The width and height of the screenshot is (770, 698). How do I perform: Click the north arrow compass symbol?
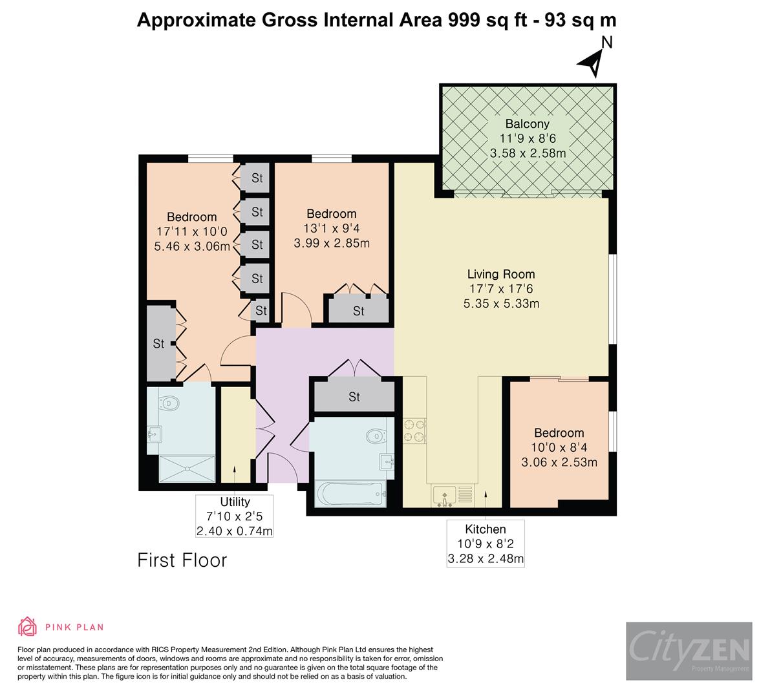591,62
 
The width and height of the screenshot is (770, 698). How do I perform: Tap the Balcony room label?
527,124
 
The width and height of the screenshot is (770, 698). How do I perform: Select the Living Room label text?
501,274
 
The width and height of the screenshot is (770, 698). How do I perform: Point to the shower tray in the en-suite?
187,469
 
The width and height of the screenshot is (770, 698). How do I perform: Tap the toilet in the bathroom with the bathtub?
376,437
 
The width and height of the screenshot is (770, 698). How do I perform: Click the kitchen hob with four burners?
414,431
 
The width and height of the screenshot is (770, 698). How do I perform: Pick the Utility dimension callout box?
235,516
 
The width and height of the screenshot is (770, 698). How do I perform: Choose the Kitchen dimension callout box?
486,544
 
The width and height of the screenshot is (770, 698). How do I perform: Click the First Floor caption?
182,560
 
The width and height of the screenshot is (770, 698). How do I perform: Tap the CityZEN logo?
689,651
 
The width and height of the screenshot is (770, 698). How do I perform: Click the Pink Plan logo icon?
28,626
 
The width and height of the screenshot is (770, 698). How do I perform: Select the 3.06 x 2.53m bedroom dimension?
559,462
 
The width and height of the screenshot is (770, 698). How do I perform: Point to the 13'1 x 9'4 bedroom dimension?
331,228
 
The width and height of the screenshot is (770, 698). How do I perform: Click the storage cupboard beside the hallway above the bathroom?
354,397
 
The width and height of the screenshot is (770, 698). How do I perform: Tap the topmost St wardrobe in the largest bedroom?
257,178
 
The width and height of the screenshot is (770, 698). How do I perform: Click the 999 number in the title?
464,20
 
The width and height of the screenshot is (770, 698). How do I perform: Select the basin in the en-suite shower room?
155,434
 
